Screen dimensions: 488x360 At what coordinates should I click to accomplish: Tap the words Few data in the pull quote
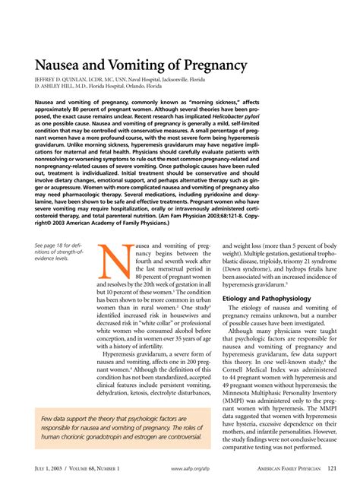point(57,418)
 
